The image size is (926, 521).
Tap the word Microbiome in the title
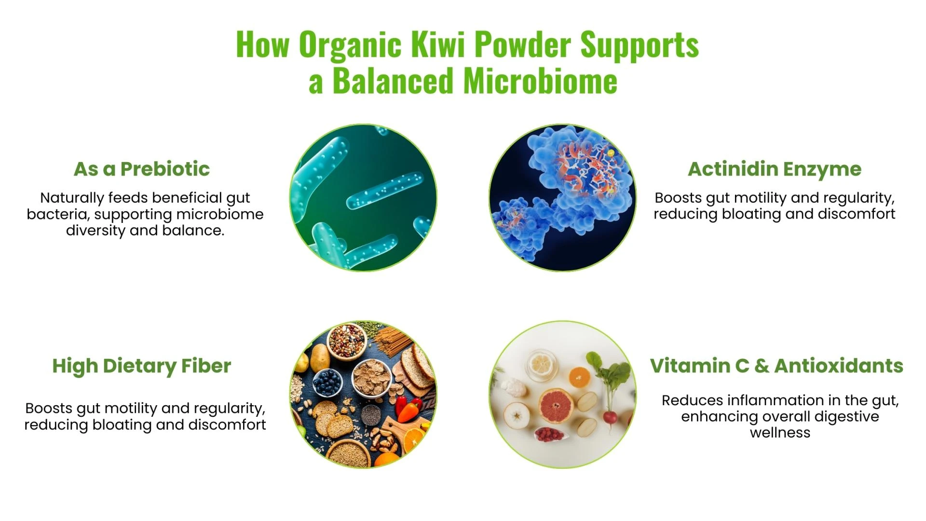pyautogui.click(x=540, y=81)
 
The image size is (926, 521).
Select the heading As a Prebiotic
pyautogui.click(x=142, y=169)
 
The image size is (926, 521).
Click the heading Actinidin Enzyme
pyautogui.click(x=775, y=169)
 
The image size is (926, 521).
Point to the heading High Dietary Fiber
pyautogui.click(x=142, y=366)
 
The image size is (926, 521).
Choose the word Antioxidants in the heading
pyautogui.click(x=839, y=366)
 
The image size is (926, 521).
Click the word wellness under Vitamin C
pyautogui.click(x=780, y=433)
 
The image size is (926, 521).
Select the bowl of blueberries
pyautogui.click(x=328, y=383)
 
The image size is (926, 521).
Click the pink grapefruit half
pyautogui.click(x=556, y=406)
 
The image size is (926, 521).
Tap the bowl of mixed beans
pyautogui.click(x=347, y=340)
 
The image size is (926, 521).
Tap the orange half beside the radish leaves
pyautogui.click(x=580, y=378)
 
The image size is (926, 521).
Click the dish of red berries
pyautogui.click(x=550, y=435)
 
